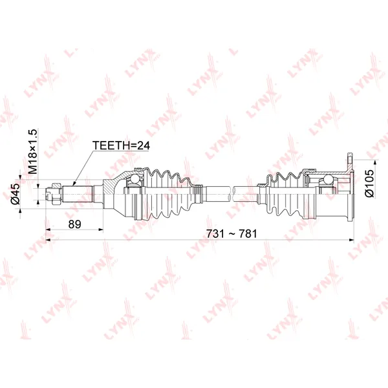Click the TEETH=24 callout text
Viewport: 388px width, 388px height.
click(121, 145)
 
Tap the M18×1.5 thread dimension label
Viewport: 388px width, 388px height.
click(32, 151)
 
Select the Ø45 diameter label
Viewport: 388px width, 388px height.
click(15, 193)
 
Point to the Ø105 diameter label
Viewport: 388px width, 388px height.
click(369, 183)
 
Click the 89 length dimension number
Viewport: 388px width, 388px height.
click(75, 224)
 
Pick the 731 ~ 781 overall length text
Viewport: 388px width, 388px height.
click(232, 233)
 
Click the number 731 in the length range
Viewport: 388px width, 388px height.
click(215, 233)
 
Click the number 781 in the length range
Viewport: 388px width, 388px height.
click(248, 233)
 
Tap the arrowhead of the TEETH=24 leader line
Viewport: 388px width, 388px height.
click(74, 184)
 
